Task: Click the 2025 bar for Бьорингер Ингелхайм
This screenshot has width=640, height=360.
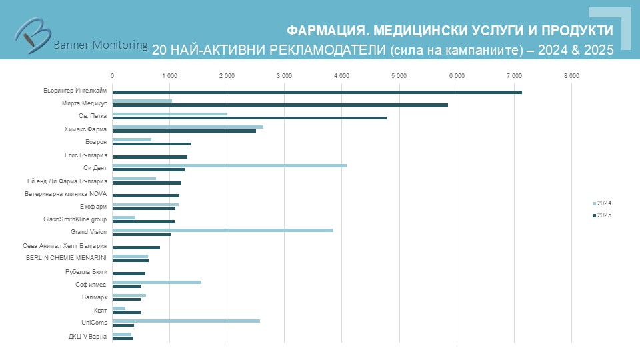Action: tap(317, 92)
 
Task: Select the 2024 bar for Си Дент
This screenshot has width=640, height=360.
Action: tap(229, 165)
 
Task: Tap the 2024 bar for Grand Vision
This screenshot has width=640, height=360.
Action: tap(223, 230)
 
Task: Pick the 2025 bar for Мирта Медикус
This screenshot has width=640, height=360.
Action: tap(280, 105)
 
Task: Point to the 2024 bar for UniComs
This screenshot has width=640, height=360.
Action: tap(186, 321)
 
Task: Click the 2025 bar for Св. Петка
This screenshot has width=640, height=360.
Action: tap(249, 118)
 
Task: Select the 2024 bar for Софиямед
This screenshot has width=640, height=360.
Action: tap(157, 282)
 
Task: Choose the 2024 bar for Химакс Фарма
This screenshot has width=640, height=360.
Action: tap(187, 127)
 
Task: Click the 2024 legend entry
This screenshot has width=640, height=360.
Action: tap(601, 203)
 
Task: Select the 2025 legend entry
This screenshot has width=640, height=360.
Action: tap(601, 215)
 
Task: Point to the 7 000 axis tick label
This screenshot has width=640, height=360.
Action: tap(514, 76)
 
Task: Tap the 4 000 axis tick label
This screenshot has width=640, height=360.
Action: tap(341, 76)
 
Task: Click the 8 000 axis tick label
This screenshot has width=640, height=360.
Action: tap(571, 76)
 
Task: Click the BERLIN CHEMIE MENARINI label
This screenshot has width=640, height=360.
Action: tap(67, 258)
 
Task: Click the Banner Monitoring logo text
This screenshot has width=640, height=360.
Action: tap(100, 45)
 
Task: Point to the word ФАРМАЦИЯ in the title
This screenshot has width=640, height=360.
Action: tap(327, 31)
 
